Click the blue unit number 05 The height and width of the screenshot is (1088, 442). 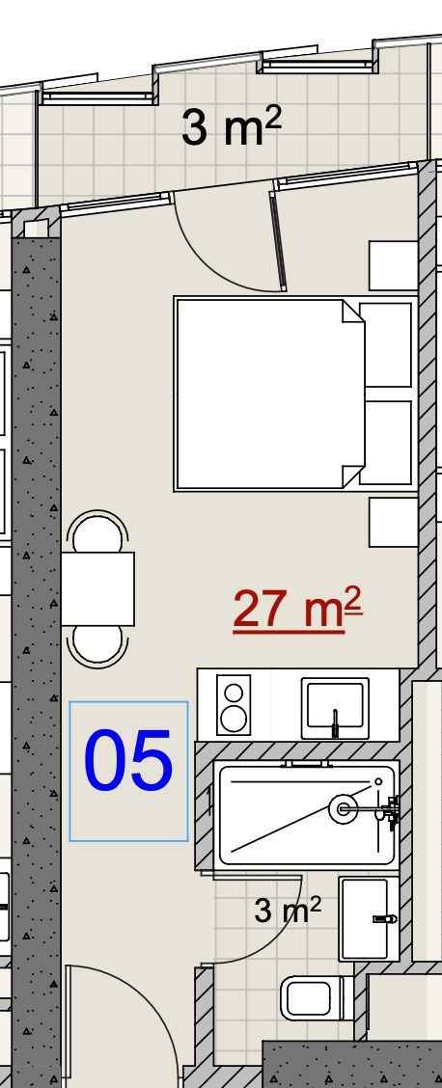click(128, 760)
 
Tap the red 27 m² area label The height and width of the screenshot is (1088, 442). click(297, 610)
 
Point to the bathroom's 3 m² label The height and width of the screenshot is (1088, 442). click(288, 909)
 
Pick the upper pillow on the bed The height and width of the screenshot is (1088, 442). click(386, 345)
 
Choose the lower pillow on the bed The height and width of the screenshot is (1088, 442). click(386, 442)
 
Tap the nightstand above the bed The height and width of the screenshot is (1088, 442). click(394, 266)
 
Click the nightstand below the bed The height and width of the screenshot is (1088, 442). click(394, 522)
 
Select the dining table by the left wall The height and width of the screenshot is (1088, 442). click(97, 589)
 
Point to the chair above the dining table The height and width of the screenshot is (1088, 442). click(97, 531)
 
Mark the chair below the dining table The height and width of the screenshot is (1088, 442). click(97, 646)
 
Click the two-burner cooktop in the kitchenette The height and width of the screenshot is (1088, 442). click(234, 704)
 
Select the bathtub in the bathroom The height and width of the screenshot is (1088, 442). click(306, 812)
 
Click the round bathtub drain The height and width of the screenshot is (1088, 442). click(343, 809)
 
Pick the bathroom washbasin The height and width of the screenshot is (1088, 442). click(369, 918)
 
